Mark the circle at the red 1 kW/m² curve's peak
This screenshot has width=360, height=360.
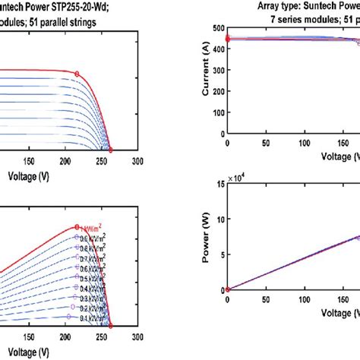pos(77,226)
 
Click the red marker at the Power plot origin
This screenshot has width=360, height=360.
pos(228,289)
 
